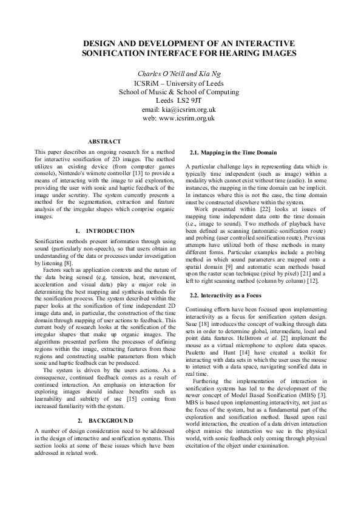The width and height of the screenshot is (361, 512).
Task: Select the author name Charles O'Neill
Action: (x=160, y=72)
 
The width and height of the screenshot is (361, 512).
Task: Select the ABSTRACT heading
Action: (x=104, y=141)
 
